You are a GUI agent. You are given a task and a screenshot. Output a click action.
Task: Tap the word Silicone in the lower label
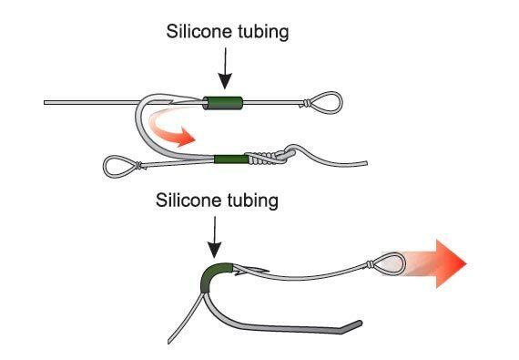coord(187,200)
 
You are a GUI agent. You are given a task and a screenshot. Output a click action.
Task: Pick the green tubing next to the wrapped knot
coord(228,160)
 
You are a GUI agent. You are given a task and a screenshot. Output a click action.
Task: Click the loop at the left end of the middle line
coord(119,166)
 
